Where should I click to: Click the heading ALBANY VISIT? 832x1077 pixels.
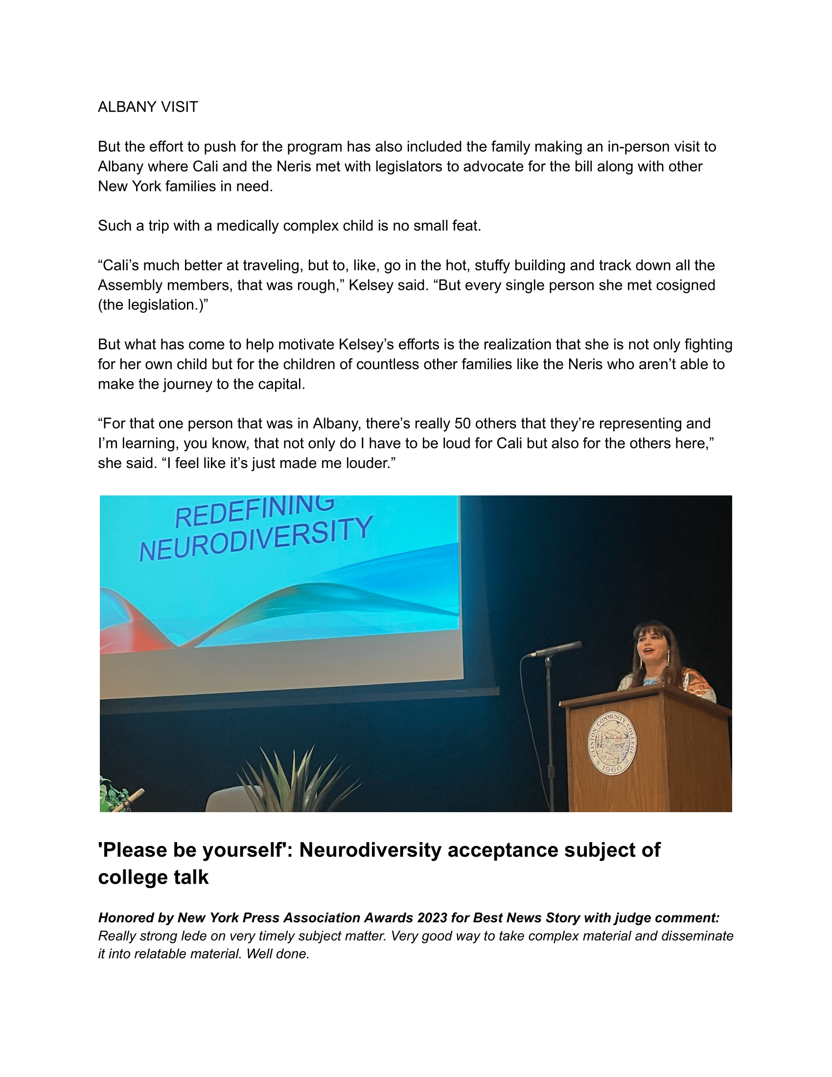[148, 107]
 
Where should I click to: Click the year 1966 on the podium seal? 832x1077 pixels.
[612, 768]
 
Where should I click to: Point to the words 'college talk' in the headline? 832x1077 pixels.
[153, 877]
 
